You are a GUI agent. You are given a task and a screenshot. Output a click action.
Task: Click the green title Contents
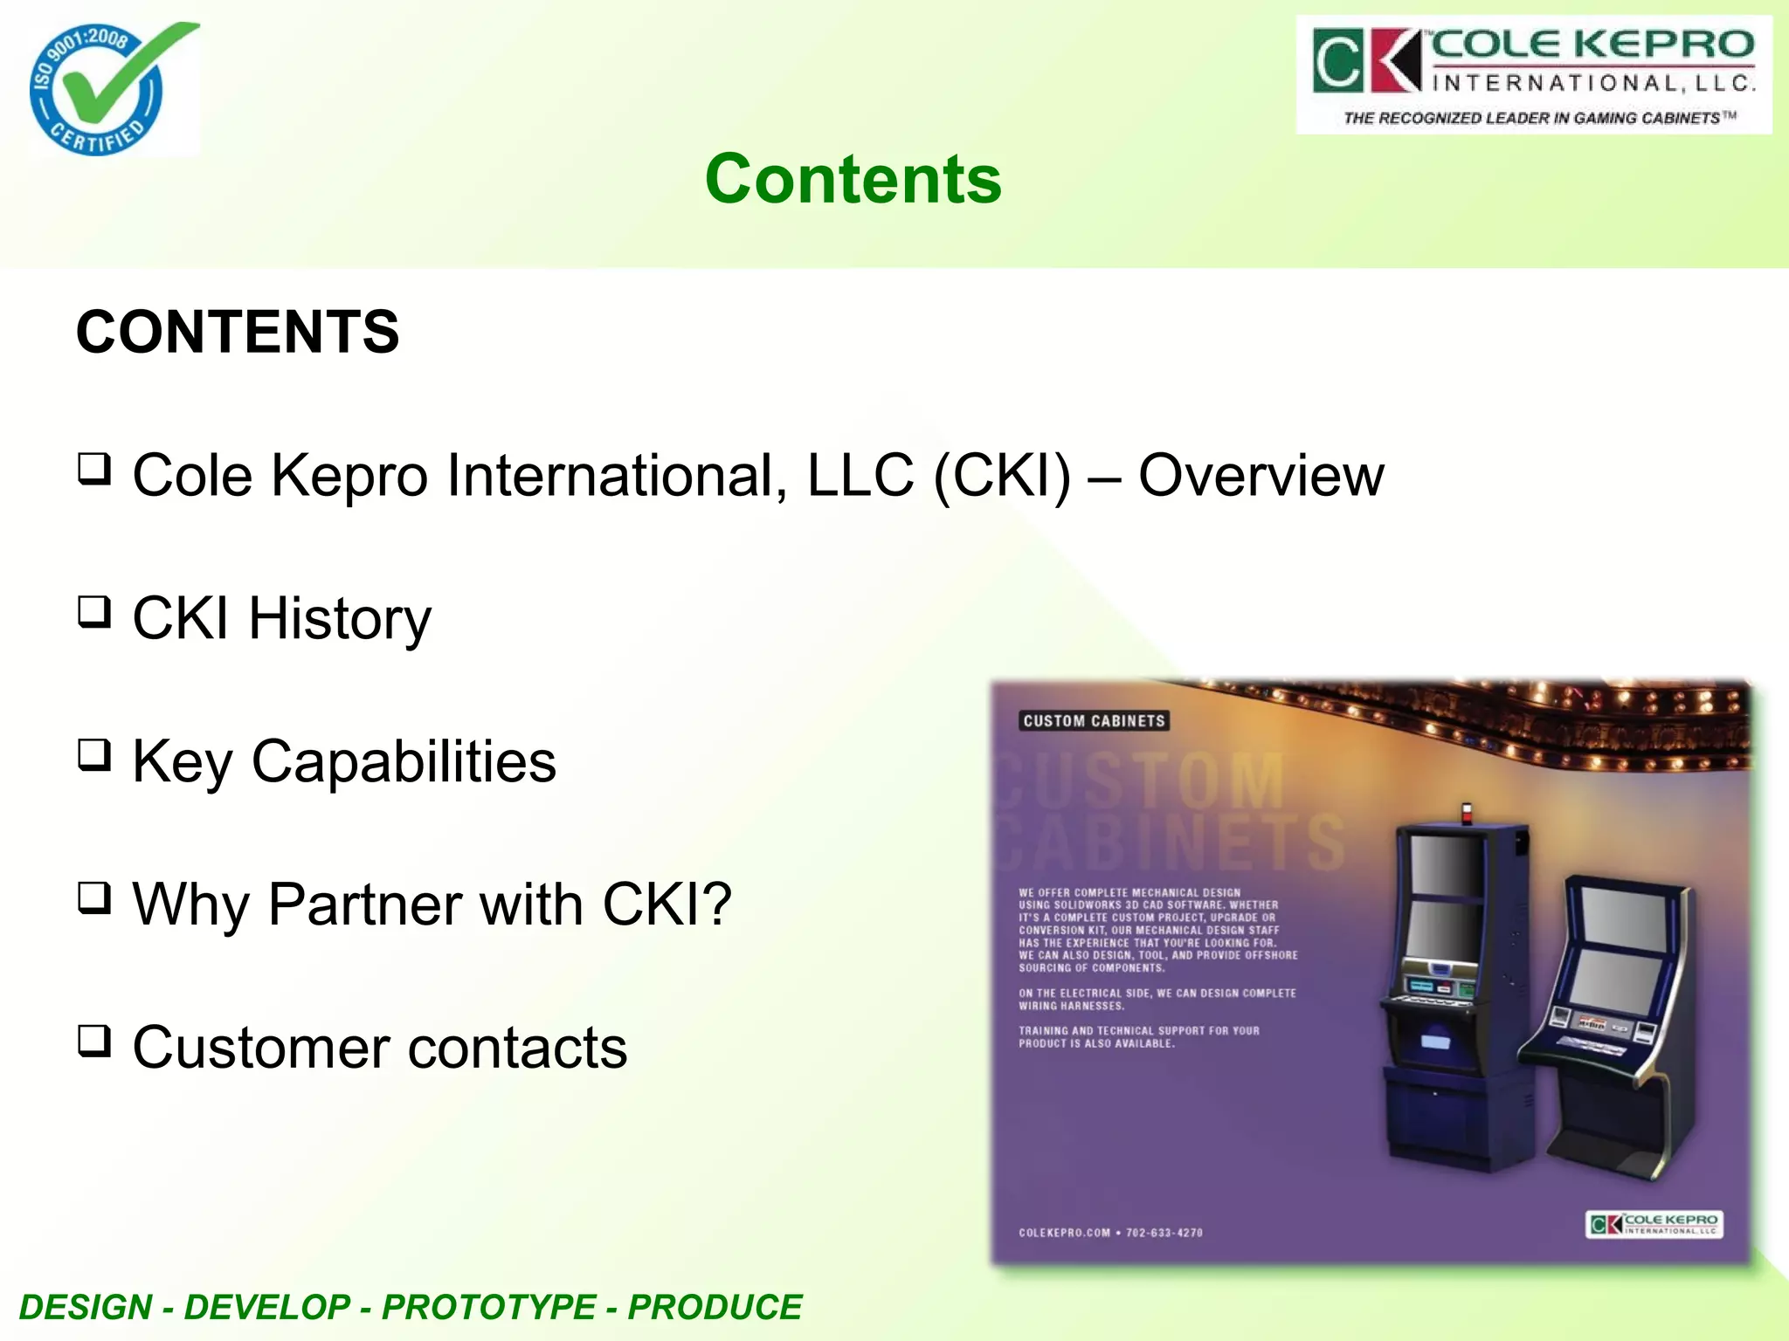click(853, 179)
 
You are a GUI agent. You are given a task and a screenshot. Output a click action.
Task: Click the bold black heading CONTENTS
click(238, 333)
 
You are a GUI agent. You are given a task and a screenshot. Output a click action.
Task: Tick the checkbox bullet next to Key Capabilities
click(94, 754)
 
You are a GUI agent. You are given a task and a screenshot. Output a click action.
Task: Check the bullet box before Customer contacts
click(94, 1040)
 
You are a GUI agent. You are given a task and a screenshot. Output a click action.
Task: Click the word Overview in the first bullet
click(1261, 476)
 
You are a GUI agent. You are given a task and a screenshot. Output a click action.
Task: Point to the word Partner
click(363, 904)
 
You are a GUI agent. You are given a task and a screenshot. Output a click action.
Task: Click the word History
click(340, 619)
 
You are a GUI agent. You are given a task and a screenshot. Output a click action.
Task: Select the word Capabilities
click(404, 762)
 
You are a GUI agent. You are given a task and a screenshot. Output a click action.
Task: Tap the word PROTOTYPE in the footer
click(489, 1307)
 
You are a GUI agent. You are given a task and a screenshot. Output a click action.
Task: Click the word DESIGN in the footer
click(86, 1307)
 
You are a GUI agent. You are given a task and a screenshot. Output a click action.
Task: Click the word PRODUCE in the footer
click(715, 1307)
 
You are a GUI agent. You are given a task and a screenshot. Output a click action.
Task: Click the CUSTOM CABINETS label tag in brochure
click(1094, 721)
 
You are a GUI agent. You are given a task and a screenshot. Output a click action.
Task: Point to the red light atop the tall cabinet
click(1467, 812)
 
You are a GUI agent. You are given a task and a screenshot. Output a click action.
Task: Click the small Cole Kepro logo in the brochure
click(1654, 1224)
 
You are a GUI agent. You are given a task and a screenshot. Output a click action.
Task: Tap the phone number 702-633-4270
click(1164, 1233)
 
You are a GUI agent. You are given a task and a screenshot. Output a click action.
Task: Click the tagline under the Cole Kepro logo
click(1539, 118)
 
